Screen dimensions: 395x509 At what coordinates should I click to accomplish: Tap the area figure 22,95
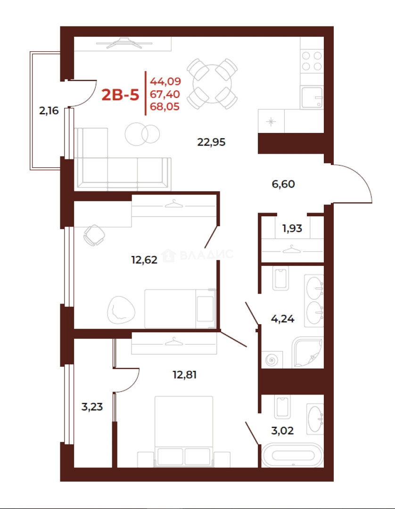coord(211,142)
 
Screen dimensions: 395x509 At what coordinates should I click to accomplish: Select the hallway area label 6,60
coord(283,184)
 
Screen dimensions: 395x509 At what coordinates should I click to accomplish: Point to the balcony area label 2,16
coord(49,111)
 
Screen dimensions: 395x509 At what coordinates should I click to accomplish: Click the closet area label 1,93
coord(292,228)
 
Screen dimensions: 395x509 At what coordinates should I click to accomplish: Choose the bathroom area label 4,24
coord(282,319)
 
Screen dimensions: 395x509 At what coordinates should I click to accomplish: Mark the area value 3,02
coord(282,430)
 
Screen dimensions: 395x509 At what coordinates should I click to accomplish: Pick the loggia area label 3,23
coord(92,406)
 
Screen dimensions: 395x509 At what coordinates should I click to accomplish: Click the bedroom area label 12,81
coord(184,375)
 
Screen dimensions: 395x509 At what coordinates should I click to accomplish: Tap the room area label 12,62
coord(144,260)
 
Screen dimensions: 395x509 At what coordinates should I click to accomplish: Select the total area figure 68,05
coord(165,107)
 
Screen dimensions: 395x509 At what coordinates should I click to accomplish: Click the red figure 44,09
coord(165,81)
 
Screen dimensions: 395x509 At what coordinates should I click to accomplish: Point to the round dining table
coord(212,84)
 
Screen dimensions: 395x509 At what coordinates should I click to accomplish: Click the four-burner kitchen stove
coord(312,61)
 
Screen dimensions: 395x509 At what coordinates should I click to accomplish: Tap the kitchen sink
coord(312,98)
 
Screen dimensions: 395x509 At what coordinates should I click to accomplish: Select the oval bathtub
coord(293,455)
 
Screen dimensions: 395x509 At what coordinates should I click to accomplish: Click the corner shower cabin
coord(307,353)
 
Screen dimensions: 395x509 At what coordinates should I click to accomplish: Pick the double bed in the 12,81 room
coord(184,431)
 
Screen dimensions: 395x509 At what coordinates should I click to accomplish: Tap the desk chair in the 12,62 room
coord(94,235)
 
